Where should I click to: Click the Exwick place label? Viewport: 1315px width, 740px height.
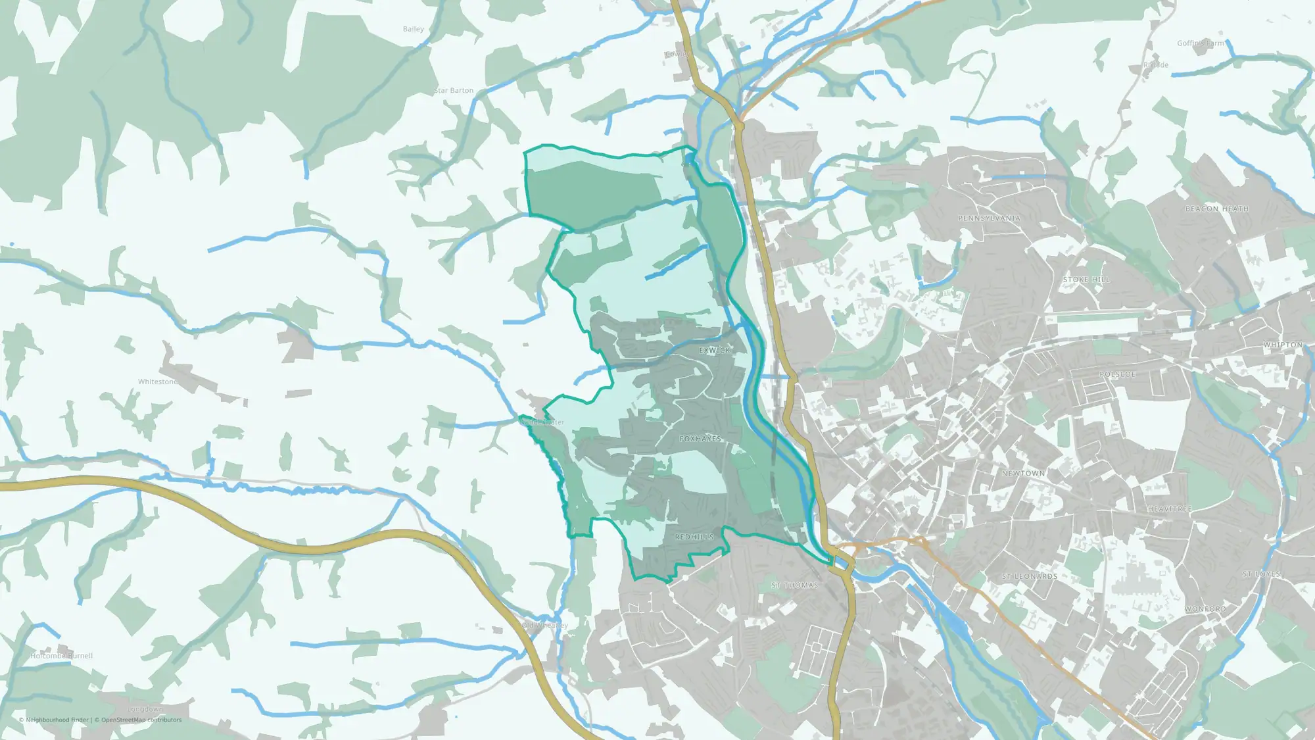[715, 351]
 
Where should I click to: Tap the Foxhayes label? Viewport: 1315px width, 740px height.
[700, 439]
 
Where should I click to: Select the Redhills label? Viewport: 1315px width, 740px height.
[694, 537]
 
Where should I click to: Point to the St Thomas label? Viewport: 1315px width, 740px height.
[795, 585]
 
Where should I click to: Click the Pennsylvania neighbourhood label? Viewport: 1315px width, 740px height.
[989, 218]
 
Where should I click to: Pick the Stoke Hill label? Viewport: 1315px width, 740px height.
[1086, 280]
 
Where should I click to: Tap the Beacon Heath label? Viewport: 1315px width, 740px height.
[1216, 209]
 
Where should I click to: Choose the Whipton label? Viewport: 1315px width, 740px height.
[1283, 345]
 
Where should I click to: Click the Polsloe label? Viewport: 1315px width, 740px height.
[1118, 374]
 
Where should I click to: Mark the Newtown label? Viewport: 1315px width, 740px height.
[1023, 474]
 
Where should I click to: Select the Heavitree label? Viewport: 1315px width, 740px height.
[1170, 509]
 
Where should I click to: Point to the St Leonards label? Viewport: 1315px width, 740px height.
[1030, 576]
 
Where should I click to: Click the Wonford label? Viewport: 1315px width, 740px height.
[1205, 609]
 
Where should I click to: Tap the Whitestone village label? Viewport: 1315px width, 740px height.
[158, 382]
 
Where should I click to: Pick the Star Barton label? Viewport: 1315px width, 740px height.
[454, 91]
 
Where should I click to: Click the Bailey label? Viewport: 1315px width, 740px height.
[414, 29]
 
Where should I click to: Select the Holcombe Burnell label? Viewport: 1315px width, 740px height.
[62, 656]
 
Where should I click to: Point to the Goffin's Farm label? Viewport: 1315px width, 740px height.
[1201, 43]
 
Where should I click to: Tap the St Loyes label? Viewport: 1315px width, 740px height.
[1261, 574]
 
